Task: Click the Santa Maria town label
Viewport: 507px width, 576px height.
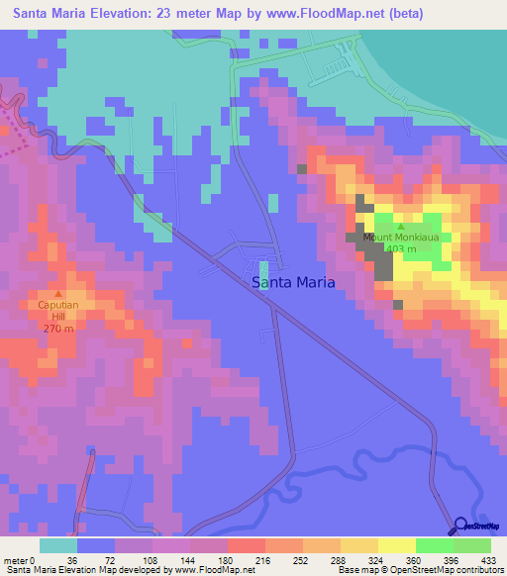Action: [293, 282]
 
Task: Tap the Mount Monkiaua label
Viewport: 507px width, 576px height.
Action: [400, 238]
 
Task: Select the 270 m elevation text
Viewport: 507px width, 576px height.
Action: [58, 328]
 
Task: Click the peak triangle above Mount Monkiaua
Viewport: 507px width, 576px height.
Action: [401, 226]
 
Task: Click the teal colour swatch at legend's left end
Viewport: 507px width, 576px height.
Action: [57, 545]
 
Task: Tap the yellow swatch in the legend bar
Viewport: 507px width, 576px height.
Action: [397, 545]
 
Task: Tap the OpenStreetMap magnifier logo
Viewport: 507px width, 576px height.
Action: [461, 526]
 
